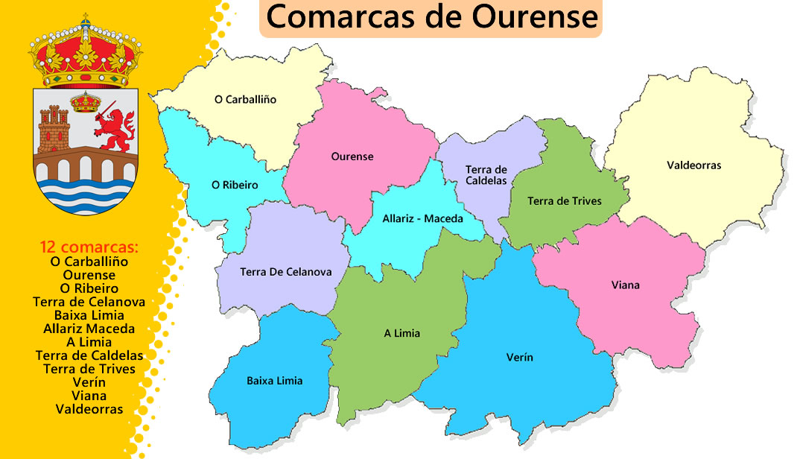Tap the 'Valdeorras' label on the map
click(x=693, y=165)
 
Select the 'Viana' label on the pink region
click(x=625, y=285)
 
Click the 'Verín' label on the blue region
click(x=519, y=358)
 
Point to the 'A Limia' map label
click(x=401, y=333)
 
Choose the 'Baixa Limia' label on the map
click(x=274, y=381)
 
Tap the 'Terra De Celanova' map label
click(x=285, y=272)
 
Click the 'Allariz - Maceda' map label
click(x=422, y=219)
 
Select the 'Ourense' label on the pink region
click(x=352, y=156)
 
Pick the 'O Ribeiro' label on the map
click(x=235, y=185)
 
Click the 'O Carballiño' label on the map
click(x=245, y=99)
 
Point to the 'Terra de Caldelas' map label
click(x=486, y=175)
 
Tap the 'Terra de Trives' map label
click(x=564, y=201)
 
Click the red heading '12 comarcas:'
click(x=89, y=247)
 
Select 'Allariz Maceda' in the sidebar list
click(x=89, y=329)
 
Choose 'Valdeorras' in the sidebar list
click(x=89, y=409)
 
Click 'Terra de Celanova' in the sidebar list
click(x=89, y=302)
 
